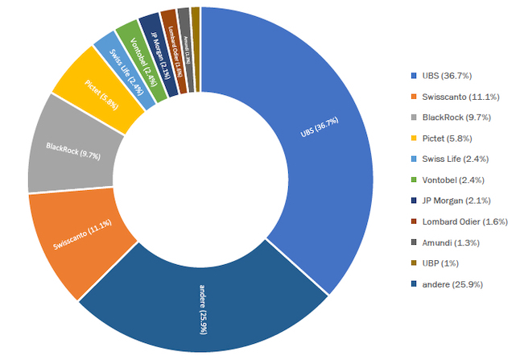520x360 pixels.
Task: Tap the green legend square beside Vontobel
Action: [x=414, y=180]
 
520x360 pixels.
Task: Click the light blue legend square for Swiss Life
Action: [x=414, y=159]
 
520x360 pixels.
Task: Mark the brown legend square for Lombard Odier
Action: [x=414, y=221]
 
